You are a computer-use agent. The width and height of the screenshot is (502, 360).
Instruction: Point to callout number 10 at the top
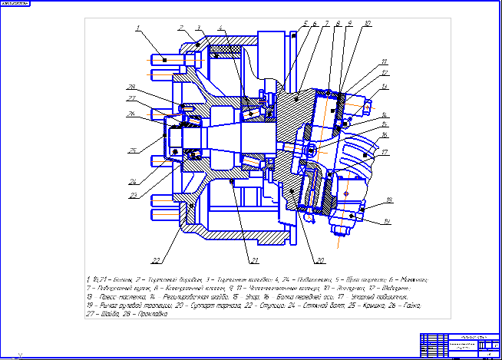(x=368, y=24)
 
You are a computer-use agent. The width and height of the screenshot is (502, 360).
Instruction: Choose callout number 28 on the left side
(x=131, y=86)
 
